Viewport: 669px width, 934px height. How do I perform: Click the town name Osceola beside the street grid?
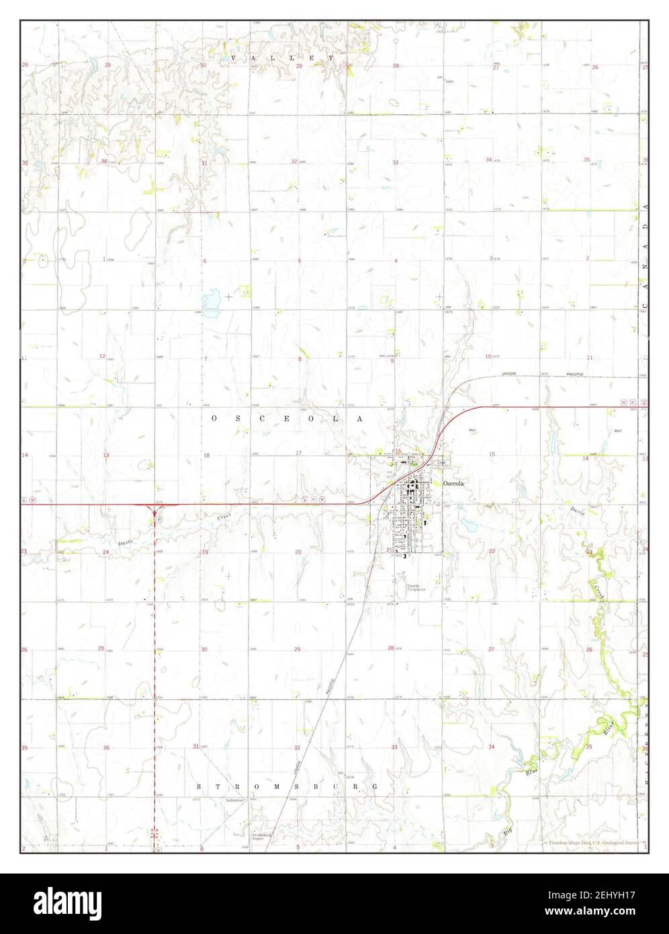point(453,483)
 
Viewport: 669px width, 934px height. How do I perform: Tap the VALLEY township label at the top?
point(282,59)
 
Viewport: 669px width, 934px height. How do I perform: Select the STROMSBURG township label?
point(287,786)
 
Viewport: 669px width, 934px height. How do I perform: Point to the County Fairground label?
point(416,588)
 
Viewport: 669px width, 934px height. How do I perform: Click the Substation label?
point(236,801)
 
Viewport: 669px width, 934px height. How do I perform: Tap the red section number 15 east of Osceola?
point(492,455)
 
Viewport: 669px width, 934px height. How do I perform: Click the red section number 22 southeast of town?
point(492,551)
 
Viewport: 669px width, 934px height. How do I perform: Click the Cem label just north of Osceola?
point(441,463)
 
